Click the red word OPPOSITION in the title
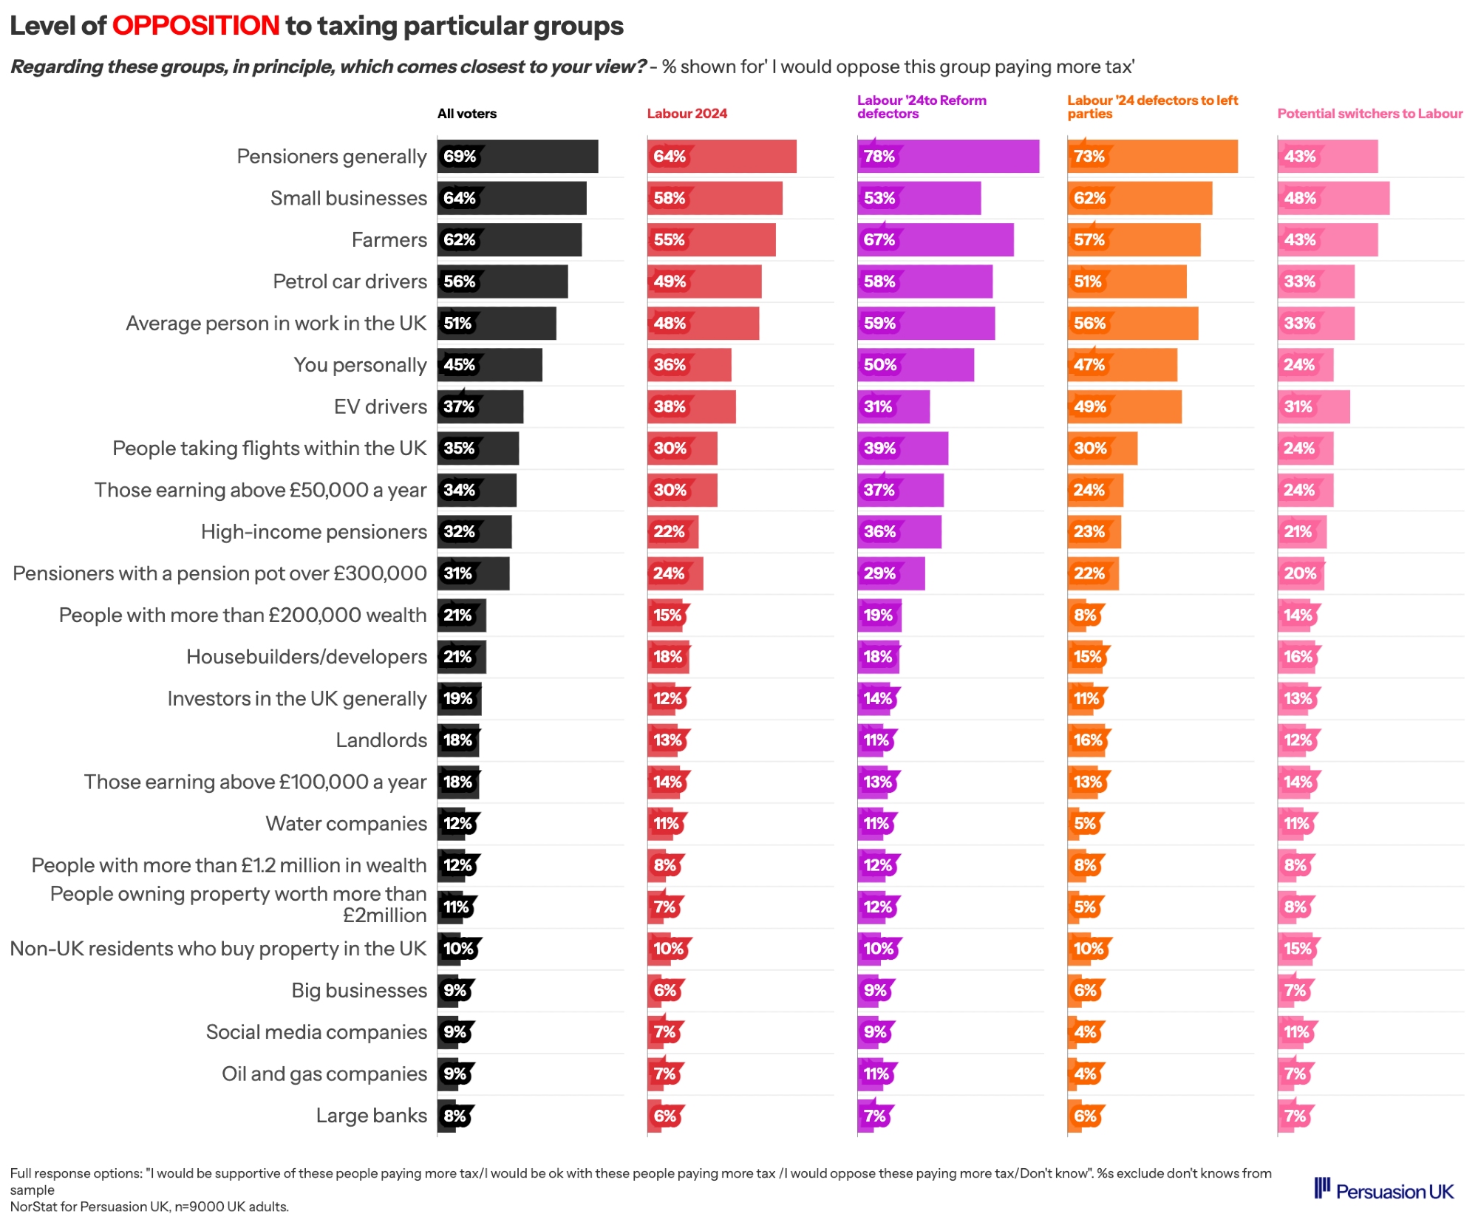point(195,26)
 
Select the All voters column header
point(466,114)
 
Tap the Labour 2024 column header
point(687,114)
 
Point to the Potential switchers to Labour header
point(1369,114)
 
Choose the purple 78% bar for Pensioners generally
point(947,157)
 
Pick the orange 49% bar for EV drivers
point(1124,407)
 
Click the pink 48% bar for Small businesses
point(1332,199)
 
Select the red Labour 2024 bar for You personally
point(689,365)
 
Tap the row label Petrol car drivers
point(350,282)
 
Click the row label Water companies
point(346,824)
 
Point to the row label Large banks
point(371,1116)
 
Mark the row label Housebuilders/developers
point(306,657)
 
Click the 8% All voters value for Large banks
point(454,1116)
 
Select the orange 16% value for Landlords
point(1087,740)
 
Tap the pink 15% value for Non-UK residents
point(1297,949)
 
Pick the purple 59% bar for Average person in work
point(925,324)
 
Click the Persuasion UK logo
point(1383,1190)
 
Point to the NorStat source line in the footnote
point(149,1207)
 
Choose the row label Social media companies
point(316,1032)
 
